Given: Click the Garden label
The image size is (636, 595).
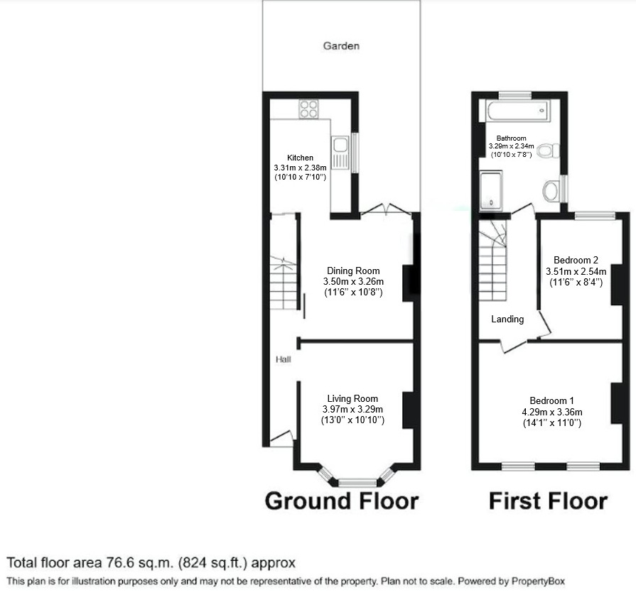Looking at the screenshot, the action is click(x=341, y=46).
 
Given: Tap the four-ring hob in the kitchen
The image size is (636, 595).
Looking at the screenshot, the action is click(x=308, y=109).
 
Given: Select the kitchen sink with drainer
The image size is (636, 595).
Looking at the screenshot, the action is click(x=340, y=153).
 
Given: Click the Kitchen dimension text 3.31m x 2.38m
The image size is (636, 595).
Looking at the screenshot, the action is click(x=300, y=168).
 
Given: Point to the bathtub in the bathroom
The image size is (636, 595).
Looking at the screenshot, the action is click(x=517, y=111).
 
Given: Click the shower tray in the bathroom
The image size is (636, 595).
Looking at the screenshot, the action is click(x=491, y=190).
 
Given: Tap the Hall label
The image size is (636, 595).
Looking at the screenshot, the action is click(x=283, y=359).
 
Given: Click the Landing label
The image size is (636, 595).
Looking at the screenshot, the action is click(x=507, y=320).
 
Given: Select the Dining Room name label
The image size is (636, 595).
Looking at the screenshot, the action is click(x=353, y=271).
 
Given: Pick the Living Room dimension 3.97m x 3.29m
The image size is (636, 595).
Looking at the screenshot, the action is click(x=352, y=410).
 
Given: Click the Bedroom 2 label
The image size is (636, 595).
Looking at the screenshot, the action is click(x=576, y=260).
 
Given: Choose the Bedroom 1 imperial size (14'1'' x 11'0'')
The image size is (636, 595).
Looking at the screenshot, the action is click(x=552, y=423).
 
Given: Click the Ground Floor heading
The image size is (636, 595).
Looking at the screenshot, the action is click(x=342, y=501).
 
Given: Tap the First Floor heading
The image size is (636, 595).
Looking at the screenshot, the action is click(x=549, y=501).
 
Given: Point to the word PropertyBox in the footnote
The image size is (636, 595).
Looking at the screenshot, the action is click(x=538, y=582).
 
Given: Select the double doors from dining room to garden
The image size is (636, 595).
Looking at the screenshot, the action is click(x=385, y=209).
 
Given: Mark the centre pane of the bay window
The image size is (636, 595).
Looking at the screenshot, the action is click(x=357, y=482).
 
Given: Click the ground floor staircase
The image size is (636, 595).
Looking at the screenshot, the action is click(x=284, y=284).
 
